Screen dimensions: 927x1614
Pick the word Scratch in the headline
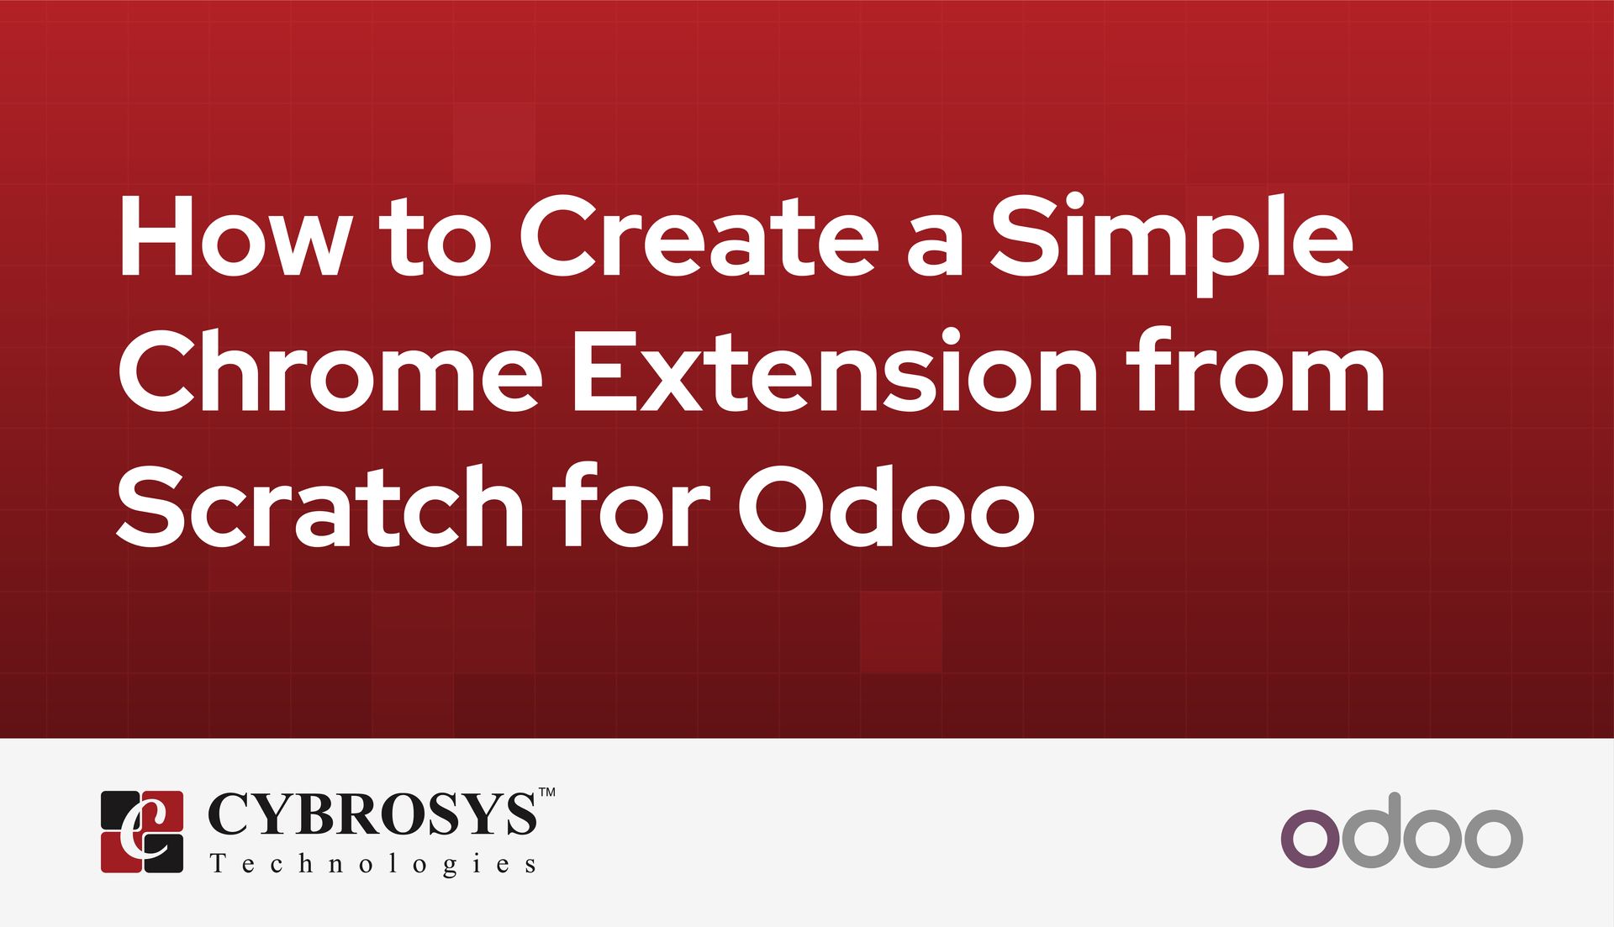(320, 505)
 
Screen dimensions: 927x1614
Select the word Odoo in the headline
(886, 505)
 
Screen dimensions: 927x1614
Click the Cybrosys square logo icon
(142, 831)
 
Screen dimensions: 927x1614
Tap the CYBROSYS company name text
(371, 814)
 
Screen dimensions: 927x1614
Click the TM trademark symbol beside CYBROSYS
(546, 792)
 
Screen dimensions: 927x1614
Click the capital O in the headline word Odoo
(783, 505)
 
